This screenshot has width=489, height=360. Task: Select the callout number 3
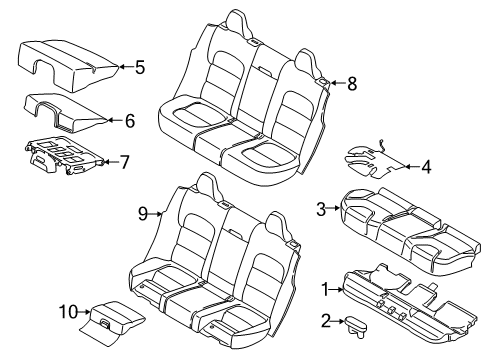(322, 208)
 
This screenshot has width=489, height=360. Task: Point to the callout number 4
(426, 167)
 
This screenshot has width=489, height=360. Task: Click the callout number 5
(140, 68)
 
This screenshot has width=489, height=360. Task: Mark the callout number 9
(142, 212)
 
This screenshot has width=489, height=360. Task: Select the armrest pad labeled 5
(65, 58)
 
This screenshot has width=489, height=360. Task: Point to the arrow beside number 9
(157, 212)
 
